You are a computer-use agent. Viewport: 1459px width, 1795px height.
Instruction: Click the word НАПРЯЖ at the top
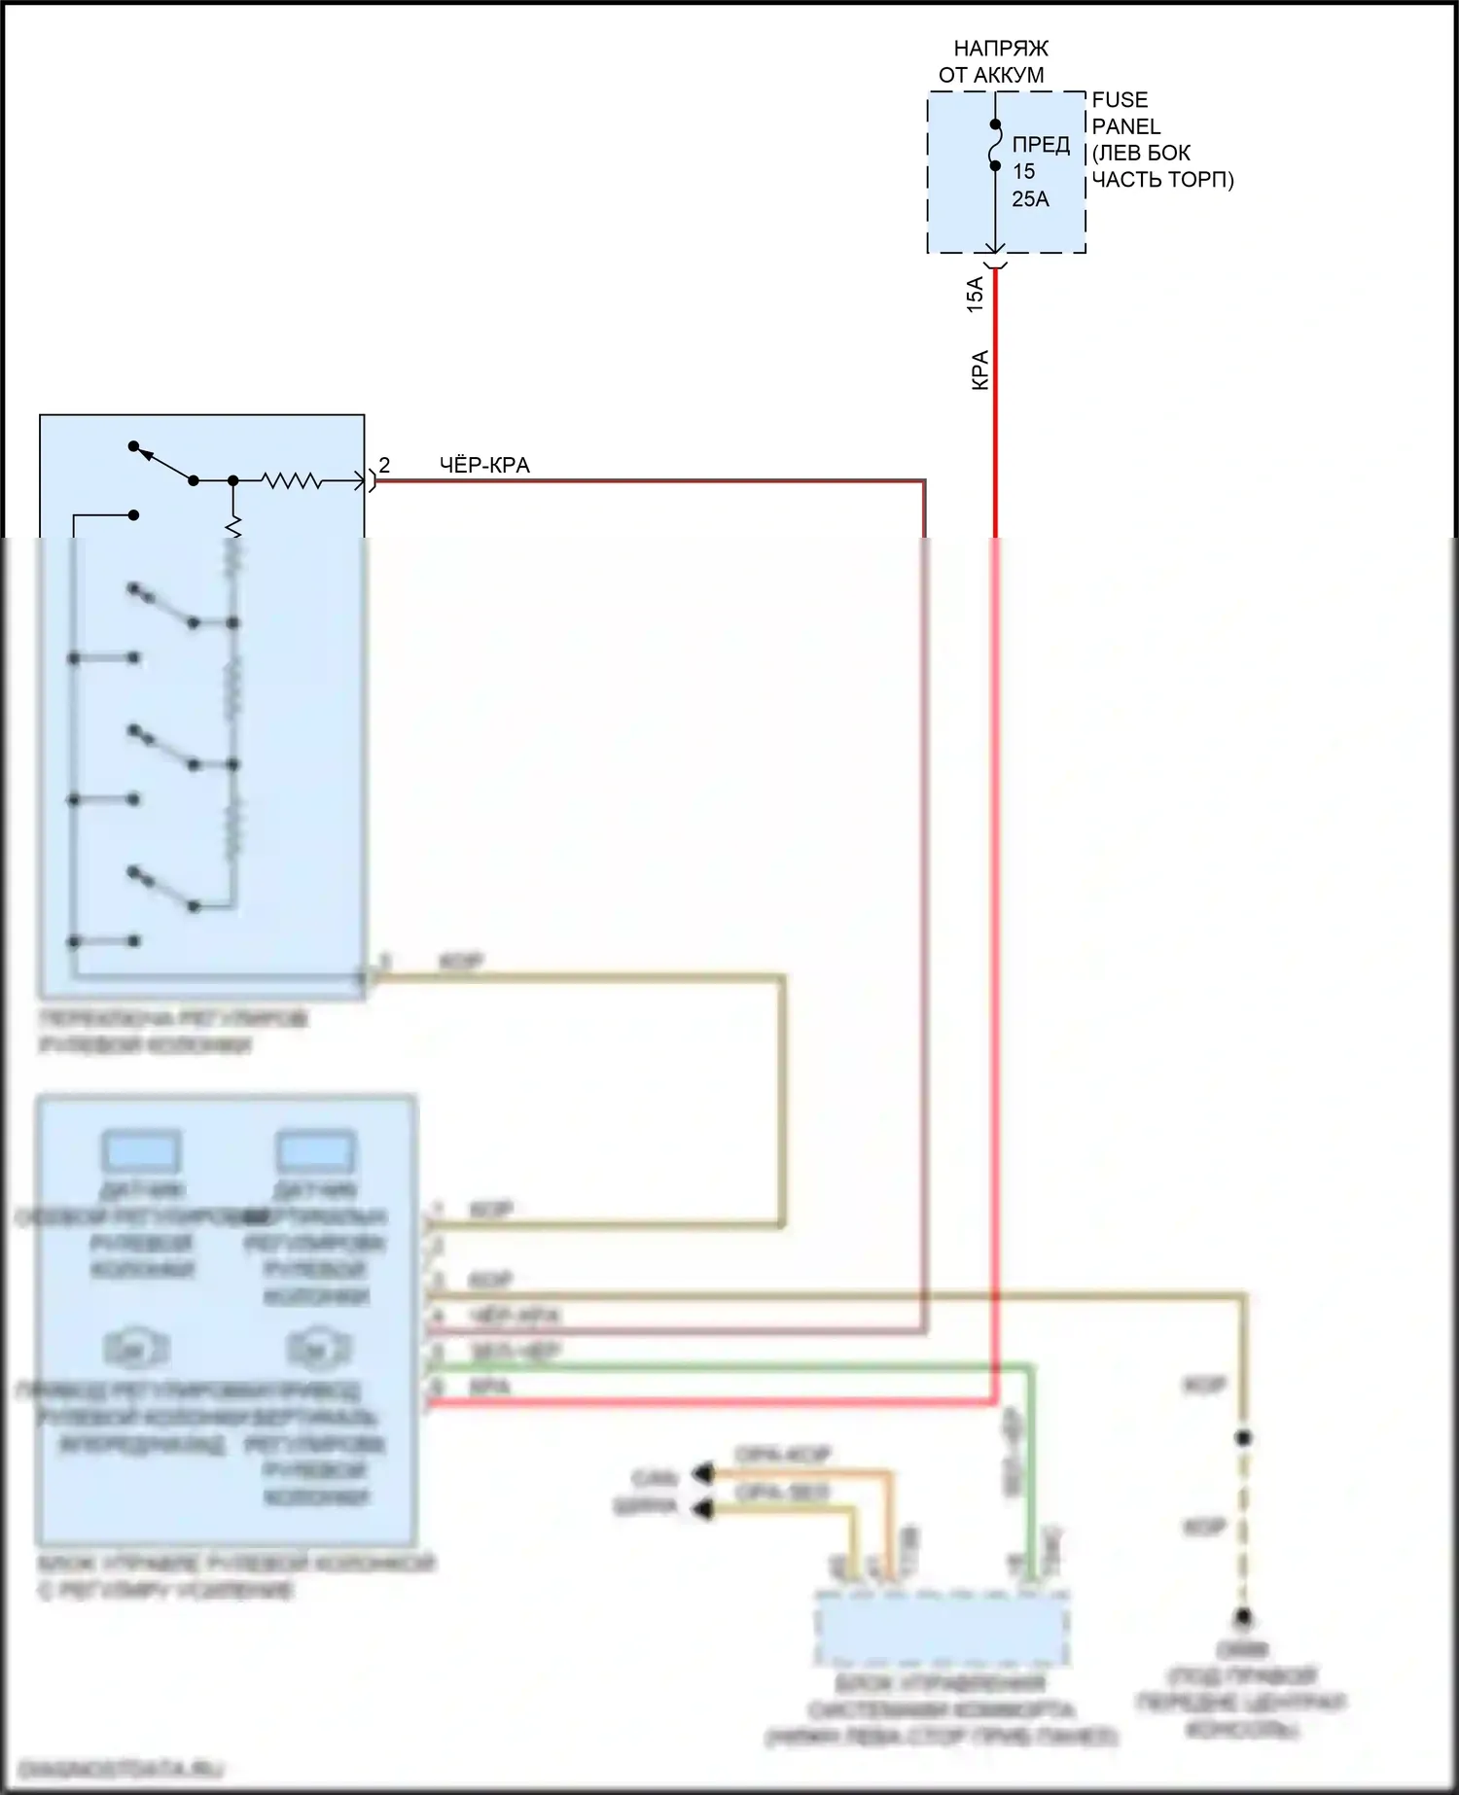(x=1001, y=49)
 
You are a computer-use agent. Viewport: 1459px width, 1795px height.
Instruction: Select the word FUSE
(x=1120, y=100)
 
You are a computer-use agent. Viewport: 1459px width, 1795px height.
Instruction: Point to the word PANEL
(x=1125, y=126)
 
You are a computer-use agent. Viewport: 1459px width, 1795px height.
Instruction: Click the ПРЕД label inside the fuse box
(x=1041, y=145)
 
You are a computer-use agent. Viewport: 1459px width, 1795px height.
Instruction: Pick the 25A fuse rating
(x=1030, y=199)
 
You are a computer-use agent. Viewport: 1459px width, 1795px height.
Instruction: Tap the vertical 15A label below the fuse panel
(x=975, y=294)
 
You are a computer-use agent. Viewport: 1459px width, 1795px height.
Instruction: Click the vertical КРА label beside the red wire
(x=980, y=370)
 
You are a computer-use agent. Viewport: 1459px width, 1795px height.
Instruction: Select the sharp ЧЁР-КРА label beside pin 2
(x=484, y=466)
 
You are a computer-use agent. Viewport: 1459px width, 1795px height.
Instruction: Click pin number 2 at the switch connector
(x=384, y=466)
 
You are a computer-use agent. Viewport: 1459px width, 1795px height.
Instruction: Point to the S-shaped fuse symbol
(x=995, y=145)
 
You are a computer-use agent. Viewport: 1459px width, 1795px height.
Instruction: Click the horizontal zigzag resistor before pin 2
(x=291, y=480)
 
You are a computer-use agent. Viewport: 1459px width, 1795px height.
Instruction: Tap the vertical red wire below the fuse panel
(x=995, y=408)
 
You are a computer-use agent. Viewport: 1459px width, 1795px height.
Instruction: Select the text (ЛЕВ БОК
(x=1141, y=154)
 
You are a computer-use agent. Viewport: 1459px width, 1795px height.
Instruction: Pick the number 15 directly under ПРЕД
(x=1023, y=172)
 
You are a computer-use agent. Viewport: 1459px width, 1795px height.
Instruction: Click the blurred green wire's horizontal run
(x=729, y=1366)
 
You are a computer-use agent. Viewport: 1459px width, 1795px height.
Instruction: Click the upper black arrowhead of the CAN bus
(x=701, y=1474)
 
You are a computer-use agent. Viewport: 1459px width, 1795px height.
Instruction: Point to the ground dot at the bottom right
(x=1243, y=1617)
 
